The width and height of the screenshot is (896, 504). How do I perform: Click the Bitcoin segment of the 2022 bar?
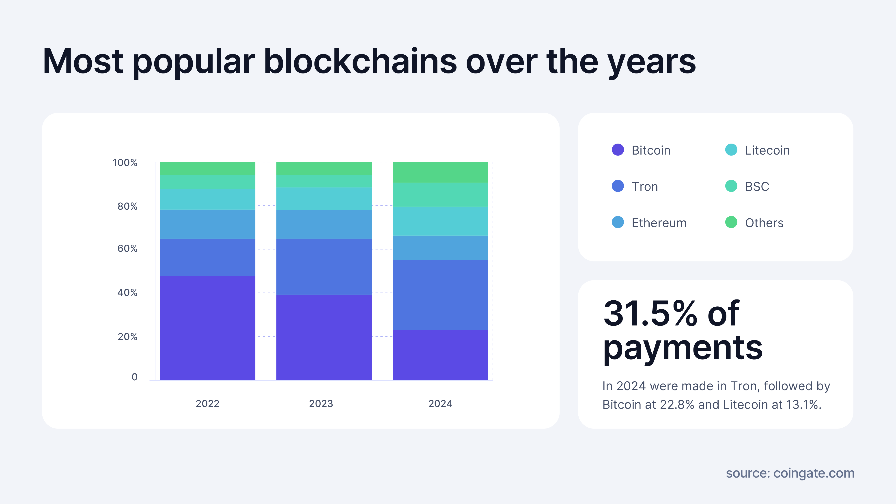207,328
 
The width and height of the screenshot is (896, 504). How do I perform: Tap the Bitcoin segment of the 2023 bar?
324,337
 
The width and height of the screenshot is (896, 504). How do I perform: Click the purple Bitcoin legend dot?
618,150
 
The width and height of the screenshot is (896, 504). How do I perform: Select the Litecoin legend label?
767,150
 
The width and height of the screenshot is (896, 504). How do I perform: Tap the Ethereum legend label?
659,223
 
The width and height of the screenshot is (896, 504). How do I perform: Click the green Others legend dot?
731,222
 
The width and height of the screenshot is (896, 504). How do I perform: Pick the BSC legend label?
757,187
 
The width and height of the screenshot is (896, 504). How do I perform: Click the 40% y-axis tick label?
127,293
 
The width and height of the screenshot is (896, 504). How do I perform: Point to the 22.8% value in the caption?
677,405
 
